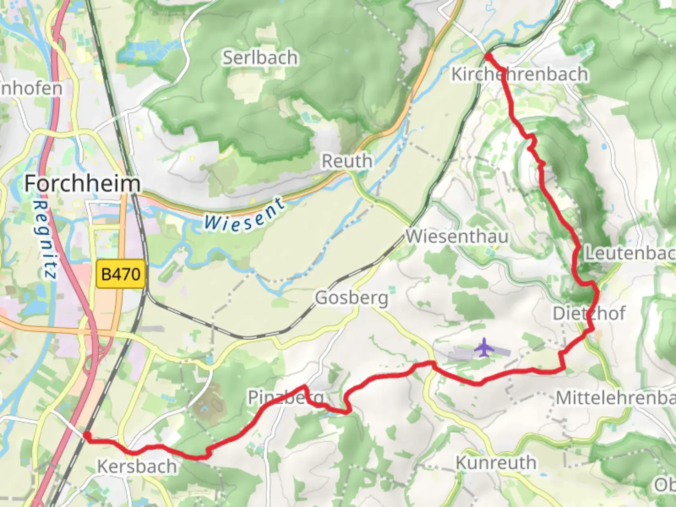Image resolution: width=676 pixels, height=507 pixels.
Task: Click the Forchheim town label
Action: pyautogui.click(x=82, y=183)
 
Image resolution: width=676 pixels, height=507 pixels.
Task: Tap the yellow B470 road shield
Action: pyautogui.click(x=121, y=274)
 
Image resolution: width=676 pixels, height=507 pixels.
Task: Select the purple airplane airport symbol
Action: pyautogui.click(x=483, y=349)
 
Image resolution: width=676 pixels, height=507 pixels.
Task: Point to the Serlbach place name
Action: pyautogui.click(x=260, y=58)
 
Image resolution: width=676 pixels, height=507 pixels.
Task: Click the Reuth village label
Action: pyautogui.click(x=347, y=161)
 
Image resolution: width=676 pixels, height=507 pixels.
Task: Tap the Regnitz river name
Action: pyautogui.click(x=47, y=239)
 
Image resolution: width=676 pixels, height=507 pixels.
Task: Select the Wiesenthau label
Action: pyautogui.click(x=457, y=236)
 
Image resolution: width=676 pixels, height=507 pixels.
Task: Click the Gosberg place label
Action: pyautogui.click(x=352, y=298)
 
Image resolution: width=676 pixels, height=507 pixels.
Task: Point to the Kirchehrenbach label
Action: pyautogui.click(x=519, y=74)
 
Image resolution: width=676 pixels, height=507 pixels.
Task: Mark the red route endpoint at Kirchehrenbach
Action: pyautogui.click(x=488, y=57)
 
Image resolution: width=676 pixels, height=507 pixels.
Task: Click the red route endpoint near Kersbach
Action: pyautogui.click(x=87, y=436)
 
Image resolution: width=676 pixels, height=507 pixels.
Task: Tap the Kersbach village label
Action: pyautogui.click(x=137, y=466)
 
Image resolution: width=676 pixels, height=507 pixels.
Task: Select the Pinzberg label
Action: pyautogui.click(x=285, y=398)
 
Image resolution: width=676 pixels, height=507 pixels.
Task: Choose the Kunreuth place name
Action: pyautogui.click(x=496, y=462)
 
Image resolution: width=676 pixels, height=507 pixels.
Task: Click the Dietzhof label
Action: pyautogui.click(x=589, y=313)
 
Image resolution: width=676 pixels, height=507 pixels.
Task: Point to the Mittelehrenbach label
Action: pyautogui.click(x=615, y=398)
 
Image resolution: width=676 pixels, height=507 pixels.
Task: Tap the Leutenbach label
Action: pyautogui.click(x=629, y=253)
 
